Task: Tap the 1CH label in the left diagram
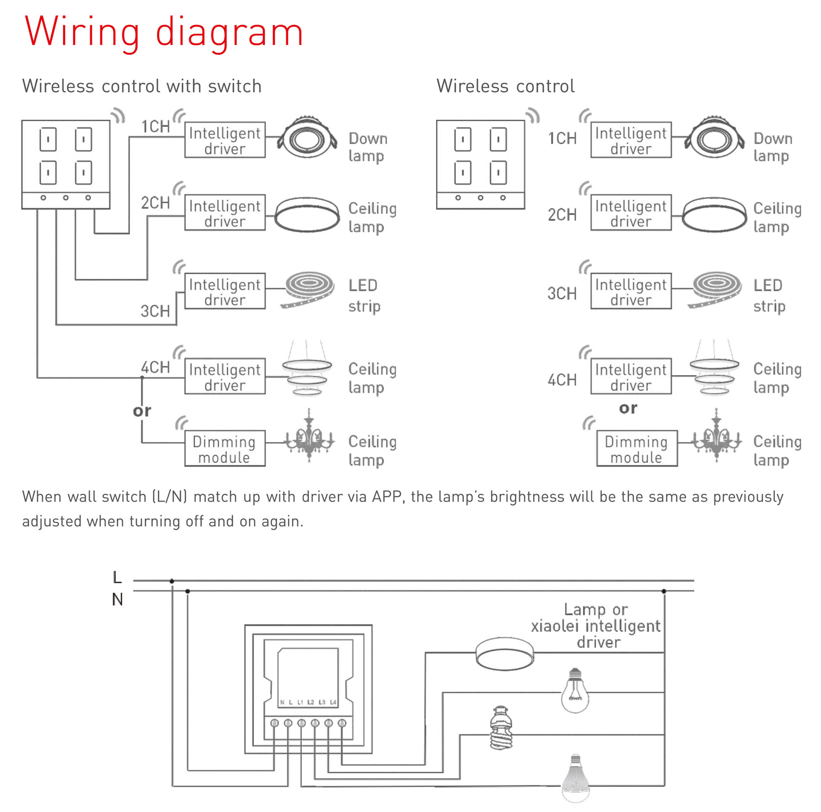pyautogui.click(x=155, y=126)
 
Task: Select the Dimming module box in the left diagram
pyautogui.click(x=225, y=448)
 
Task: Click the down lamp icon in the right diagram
pyautogui.click(x=714, y=138)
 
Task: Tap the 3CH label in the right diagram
pyautogui.click(x=562, y=293)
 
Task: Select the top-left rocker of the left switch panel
pyautogui.click(x=48, y=139)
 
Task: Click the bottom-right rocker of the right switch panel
pyautogui.click(x=498, y=172)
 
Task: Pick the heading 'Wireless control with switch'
pyautogui.click(x=142, y=86)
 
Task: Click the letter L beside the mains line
pyautogui.click(x=117, y=577)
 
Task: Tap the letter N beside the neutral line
pyautogui.click(x=117, y=599)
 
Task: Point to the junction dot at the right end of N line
pyautogui.click(x=664, y=591)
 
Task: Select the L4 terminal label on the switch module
pyautogui.click(x=333, y=702)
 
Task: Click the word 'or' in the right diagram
pyautogui.click(x=628, y=408)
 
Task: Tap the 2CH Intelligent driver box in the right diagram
pyautogui.click(x=631, y=213)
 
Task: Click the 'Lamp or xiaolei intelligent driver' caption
pyautogui.click(x=596, y=626)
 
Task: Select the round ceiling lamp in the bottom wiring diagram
pyautogui.click(x=505, y=654)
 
